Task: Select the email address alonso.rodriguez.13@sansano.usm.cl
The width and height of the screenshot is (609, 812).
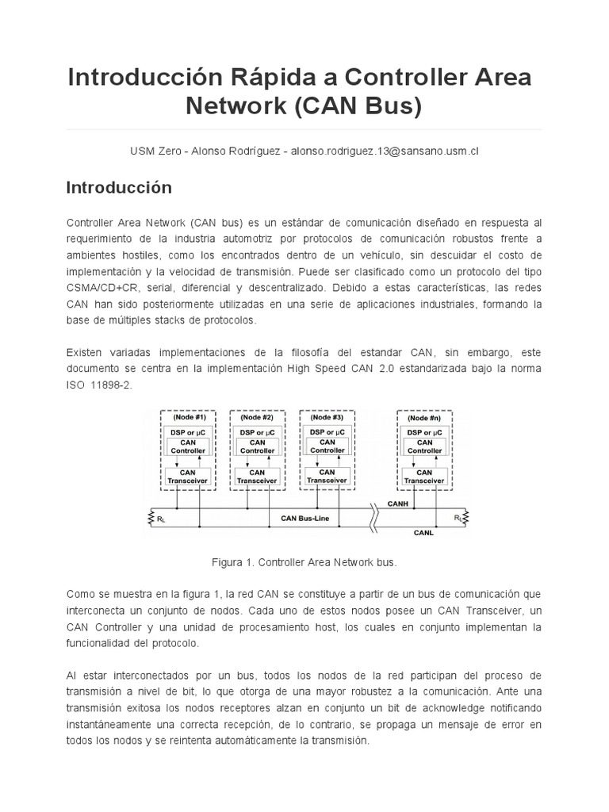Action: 385,151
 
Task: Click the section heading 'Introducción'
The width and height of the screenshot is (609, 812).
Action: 119,188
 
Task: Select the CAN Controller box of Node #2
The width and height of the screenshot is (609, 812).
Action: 257,446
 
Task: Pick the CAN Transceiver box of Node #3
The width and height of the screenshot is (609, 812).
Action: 327,475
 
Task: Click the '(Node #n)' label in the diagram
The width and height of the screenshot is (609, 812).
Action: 424,416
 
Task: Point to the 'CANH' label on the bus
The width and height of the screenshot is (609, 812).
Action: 398,503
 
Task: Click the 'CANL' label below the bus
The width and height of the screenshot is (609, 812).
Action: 423,534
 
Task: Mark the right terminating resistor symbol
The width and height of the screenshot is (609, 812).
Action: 464,519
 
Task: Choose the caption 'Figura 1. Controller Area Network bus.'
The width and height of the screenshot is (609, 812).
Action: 304,562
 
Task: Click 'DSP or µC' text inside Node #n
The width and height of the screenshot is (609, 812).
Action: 424,432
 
